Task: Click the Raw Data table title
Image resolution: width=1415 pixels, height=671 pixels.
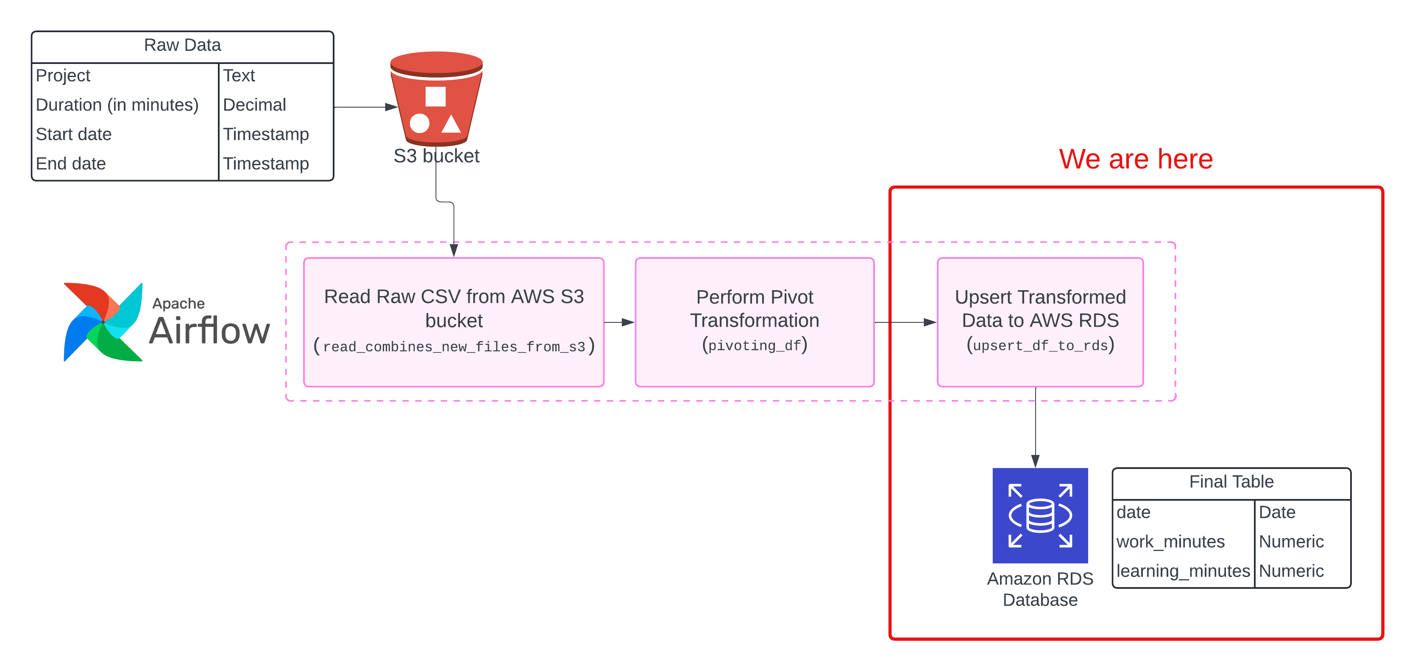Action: coord(182,45)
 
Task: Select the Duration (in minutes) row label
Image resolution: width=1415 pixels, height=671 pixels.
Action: coord(117,105)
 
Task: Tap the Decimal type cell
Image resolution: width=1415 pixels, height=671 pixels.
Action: coord(254,105)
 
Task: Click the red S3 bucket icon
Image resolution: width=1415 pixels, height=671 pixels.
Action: coord(436,99)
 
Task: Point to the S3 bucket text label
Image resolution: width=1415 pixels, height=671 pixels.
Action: coord(436,156)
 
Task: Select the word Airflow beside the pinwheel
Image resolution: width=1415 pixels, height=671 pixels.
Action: coord(210,331)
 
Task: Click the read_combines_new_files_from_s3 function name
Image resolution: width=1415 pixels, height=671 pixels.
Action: coord(454,347)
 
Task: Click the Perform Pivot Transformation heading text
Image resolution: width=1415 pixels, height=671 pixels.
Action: coord(754,308)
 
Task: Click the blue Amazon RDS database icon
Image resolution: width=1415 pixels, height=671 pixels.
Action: coord(1040,515)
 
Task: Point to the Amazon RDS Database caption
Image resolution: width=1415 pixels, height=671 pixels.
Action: coord(1040,589)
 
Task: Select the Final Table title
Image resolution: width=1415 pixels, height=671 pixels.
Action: coord(1231,482)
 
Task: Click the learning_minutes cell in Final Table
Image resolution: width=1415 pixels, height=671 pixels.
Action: coord(1183,571)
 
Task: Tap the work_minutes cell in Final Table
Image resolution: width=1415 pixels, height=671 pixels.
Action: coord(1170,542)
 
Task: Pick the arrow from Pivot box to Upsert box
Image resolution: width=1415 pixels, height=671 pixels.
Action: coord(905,322)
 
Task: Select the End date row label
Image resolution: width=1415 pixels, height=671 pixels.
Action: coord(71,164)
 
